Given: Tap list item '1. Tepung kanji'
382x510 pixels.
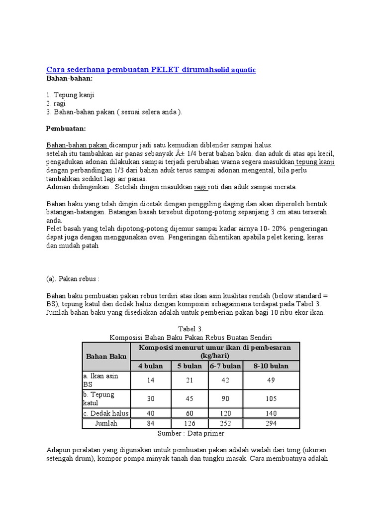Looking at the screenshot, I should [70, 95].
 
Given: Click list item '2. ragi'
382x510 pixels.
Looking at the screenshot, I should [56, 103].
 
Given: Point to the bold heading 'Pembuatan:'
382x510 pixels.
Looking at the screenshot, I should [66, 128].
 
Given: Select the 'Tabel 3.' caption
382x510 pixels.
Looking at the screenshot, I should [191, 329].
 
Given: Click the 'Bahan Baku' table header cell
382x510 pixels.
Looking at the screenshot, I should [106, 356].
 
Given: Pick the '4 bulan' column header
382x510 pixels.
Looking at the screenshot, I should [150, 366].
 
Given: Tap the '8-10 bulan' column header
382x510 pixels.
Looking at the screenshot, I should [271, 366].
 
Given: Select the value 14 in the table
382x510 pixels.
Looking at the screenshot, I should [150, 380].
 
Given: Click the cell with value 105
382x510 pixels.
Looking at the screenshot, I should [271, 398].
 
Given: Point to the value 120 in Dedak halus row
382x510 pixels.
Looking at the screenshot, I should [225, 413].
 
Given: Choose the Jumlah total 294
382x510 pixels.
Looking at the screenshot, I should [271, 423].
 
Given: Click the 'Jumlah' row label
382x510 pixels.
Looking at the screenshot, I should [106, 423].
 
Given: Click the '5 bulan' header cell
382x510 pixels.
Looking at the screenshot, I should [190, 366].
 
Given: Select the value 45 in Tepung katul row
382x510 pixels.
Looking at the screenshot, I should [190, 398].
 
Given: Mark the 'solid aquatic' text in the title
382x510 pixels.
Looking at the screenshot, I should [235, 70].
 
